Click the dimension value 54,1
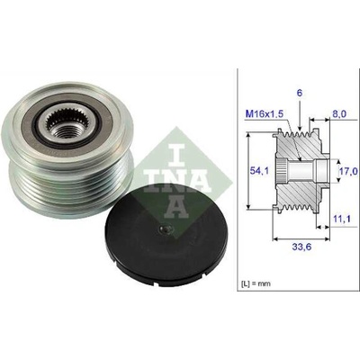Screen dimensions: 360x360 coord(256,171)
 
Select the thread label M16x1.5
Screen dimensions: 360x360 coord(265,113)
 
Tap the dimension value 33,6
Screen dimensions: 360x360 coord(301,247)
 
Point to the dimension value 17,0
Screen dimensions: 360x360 coord(348,171)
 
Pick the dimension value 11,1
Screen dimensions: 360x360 coord(342,220)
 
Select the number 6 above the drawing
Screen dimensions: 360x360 coord(300,94)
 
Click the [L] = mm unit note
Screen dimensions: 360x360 coord(256,283)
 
